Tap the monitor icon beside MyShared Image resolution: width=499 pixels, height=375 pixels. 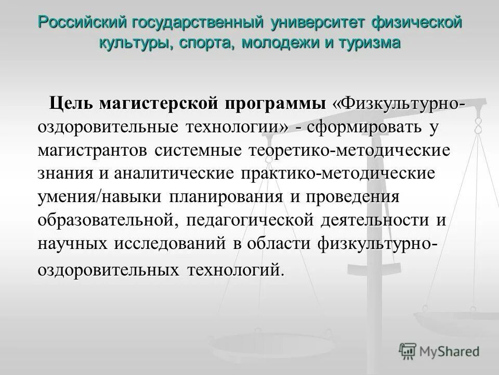click(x=408, y=351)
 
